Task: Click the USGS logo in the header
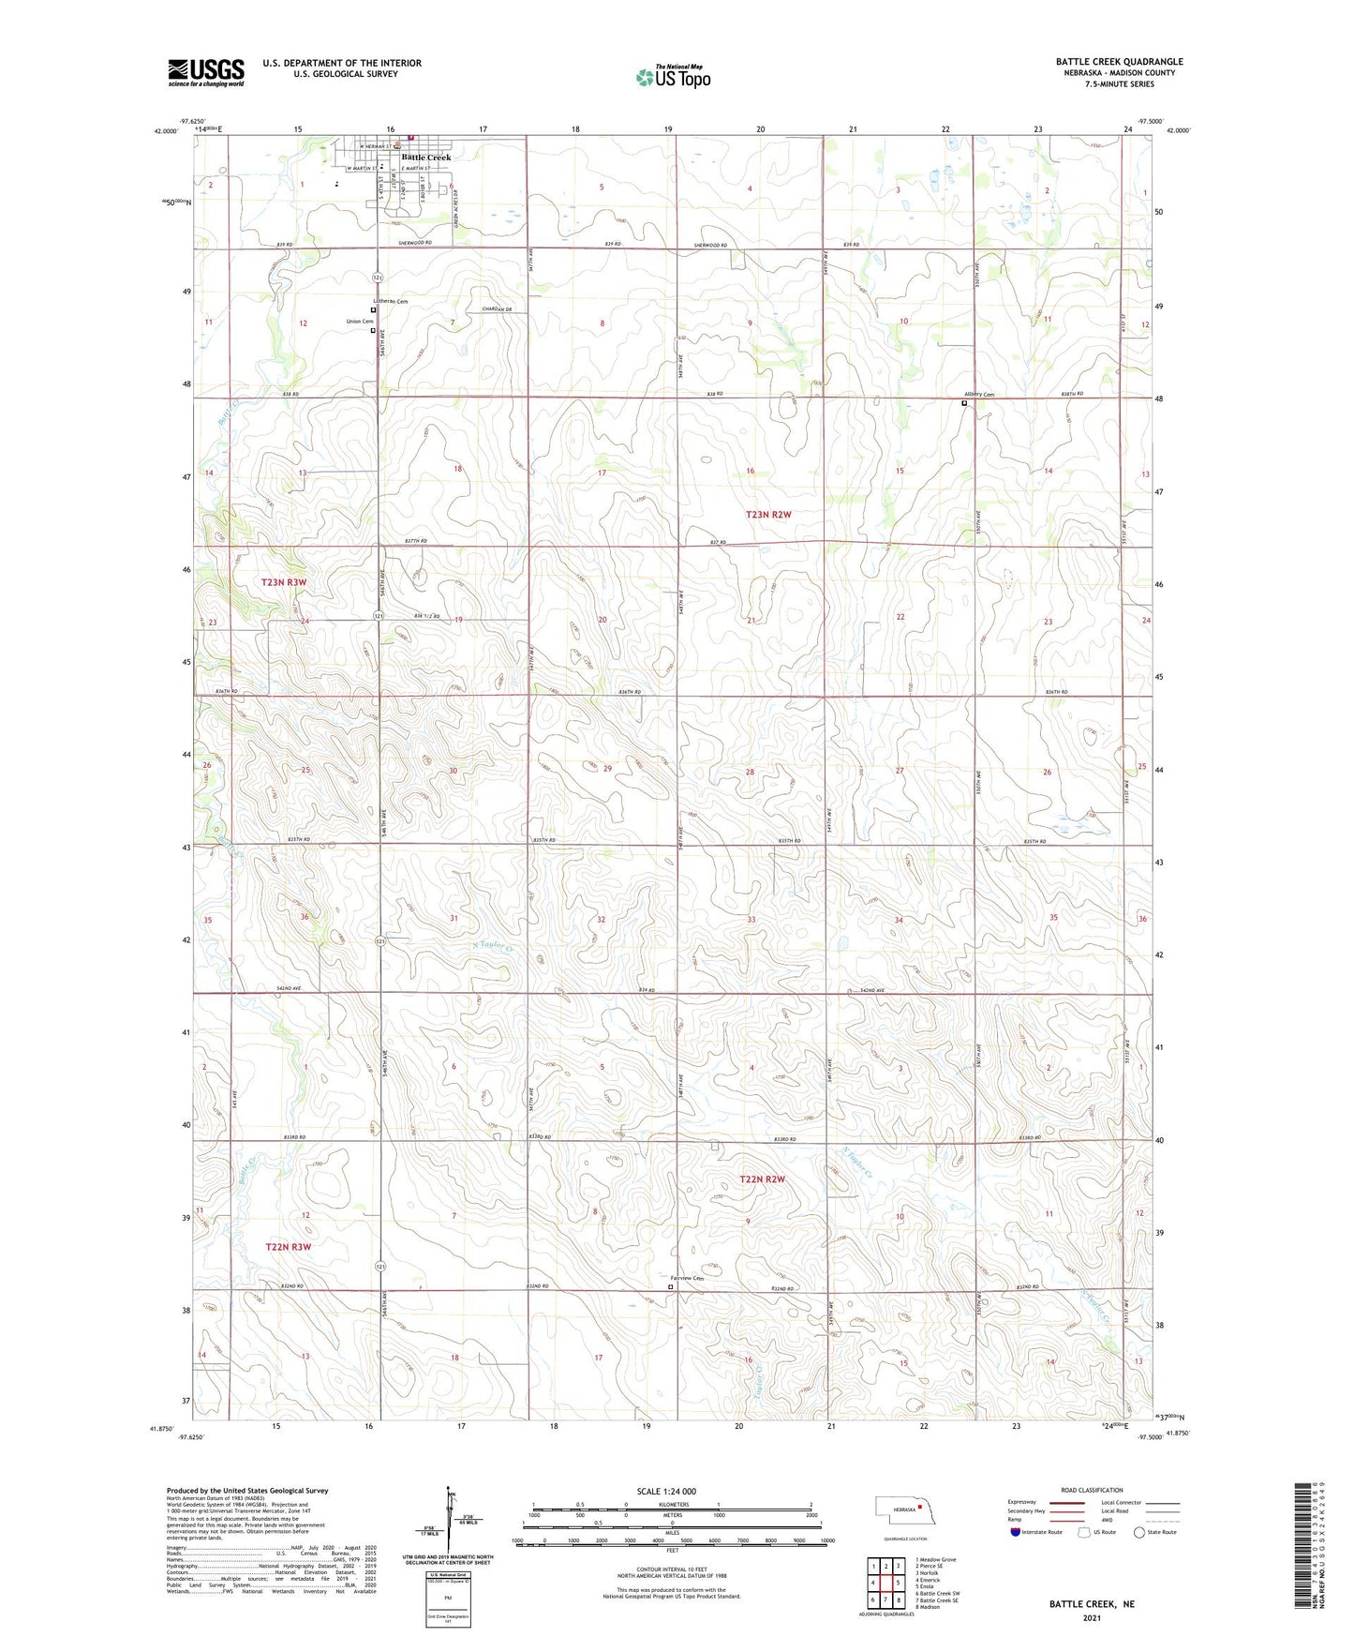coord(205,72)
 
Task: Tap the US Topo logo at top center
coord(673,77)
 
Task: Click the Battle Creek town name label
coord(426,158)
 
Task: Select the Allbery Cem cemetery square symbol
coord(964,403)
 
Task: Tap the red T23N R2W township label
coord(768,514)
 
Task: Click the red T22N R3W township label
coord(288,1247)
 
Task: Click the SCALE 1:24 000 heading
coord(666,1491)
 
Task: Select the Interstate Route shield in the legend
coord(1016,1532)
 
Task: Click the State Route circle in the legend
coord(1139,1532)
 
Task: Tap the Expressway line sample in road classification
coord(1067,1502)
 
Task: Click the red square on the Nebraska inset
coord(921,1508)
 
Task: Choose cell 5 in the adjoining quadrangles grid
coord(898,1583)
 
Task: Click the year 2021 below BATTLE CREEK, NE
coord(1091,1617)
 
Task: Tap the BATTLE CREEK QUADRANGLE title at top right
coord(1119,62)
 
